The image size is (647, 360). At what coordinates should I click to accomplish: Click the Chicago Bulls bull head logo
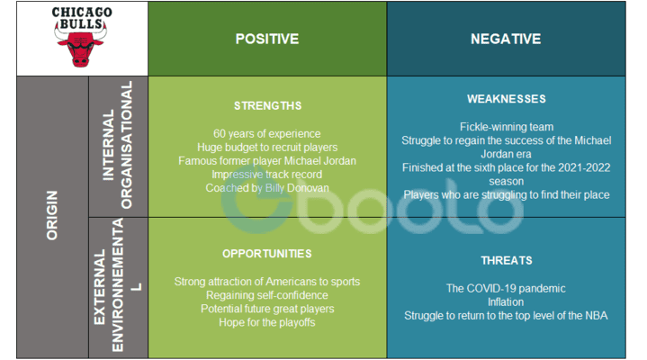(x=82, y=48)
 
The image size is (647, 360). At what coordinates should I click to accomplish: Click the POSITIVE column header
(x=267, y=39)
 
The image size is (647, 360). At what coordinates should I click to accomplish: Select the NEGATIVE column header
(x=506, y=39)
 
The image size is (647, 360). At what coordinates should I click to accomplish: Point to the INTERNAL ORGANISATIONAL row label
(x=118, y=145)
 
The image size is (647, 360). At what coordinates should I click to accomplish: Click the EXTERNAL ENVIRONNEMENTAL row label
(x=118, y=286)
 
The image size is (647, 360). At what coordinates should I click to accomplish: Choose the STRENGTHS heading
(x=267, y=105)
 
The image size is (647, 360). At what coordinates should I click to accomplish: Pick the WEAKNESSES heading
(x=506, y=99)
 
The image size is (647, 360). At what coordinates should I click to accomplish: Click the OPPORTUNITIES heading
(x=267, y=254)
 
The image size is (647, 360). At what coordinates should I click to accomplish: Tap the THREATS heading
(x=506, y=260)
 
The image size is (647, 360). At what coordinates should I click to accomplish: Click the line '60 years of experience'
(x=267, y=133)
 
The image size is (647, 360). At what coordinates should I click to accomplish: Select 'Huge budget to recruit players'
(x=267, y=147)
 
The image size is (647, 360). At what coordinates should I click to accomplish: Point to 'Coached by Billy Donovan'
(x=267, y=187)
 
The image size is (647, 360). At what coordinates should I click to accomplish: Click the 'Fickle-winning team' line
(x=506, y=127)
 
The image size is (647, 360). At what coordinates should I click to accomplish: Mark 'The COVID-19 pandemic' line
(x=506, y=288)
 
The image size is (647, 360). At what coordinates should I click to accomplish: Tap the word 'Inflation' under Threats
(x=506, y=301)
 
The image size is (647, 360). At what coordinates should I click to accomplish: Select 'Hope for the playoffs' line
(x=267, y=322)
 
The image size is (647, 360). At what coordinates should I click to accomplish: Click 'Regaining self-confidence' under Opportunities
(x=267, y=295)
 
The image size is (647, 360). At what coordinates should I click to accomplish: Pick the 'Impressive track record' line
(x=267, y=174)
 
